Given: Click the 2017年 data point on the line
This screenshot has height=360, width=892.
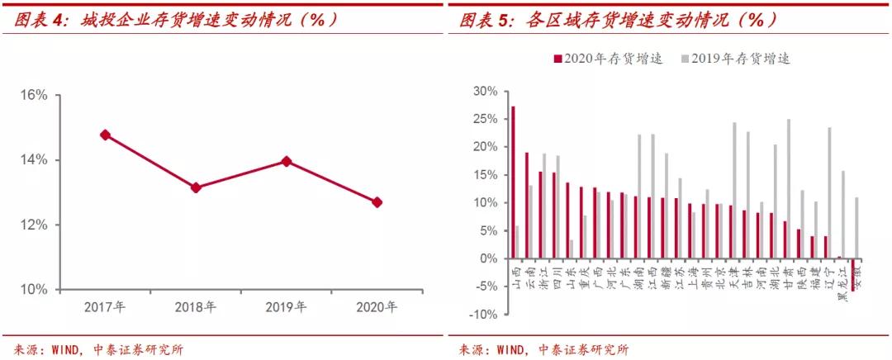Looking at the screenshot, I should [x=105, y=135].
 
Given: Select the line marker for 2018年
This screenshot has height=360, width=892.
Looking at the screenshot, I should [x=196, y=187].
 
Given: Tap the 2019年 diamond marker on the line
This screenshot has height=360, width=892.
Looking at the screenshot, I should [x=286, y=161].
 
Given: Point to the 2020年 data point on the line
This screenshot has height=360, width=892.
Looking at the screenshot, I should [x=377, y=202].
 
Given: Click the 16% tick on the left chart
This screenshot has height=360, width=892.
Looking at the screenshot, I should [x=34, y=95].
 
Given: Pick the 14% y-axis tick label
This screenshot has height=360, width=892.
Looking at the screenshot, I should [x=34, y=160].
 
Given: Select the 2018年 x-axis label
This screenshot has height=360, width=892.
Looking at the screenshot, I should [x=196, y=307].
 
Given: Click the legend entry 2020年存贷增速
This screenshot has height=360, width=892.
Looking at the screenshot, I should [x=608, y=59].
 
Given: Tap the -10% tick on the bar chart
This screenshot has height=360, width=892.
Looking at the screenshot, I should [x=481, y=315].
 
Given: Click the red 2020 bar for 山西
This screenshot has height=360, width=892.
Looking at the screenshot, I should [x=513, y=182].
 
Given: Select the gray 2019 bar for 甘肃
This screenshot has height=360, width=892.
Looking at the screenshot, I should [x=789, y=188].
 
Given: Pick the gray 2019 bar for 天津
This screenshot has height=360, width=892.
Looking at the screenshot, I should [x=734, y=190].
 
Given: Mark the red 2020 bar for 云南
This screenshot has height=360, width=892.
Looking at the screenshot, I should [x=526, y=205].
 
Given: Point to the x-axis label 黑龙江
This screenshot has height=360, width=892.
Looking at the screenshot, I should [x=840, y=281].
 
